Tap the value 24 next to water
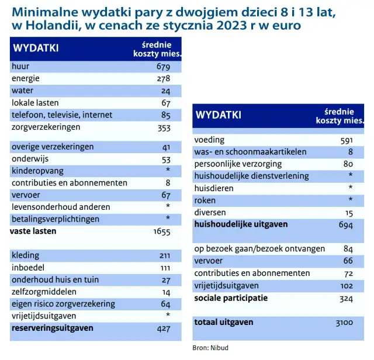tap(165, 91)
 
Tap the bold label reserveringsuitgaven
tap(53, 328)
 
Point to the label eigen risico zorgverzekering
tap(63, 304)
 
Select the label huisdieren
tap(214, 188)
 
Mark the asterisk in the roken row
tap(350, 200)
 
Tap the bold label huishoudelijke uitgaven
tap(241, 224)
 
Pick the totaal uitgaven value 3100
tap(345, 323)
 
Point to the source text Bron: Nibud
tap(210, 348)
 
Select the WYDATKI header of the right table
tap(218, 115)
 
